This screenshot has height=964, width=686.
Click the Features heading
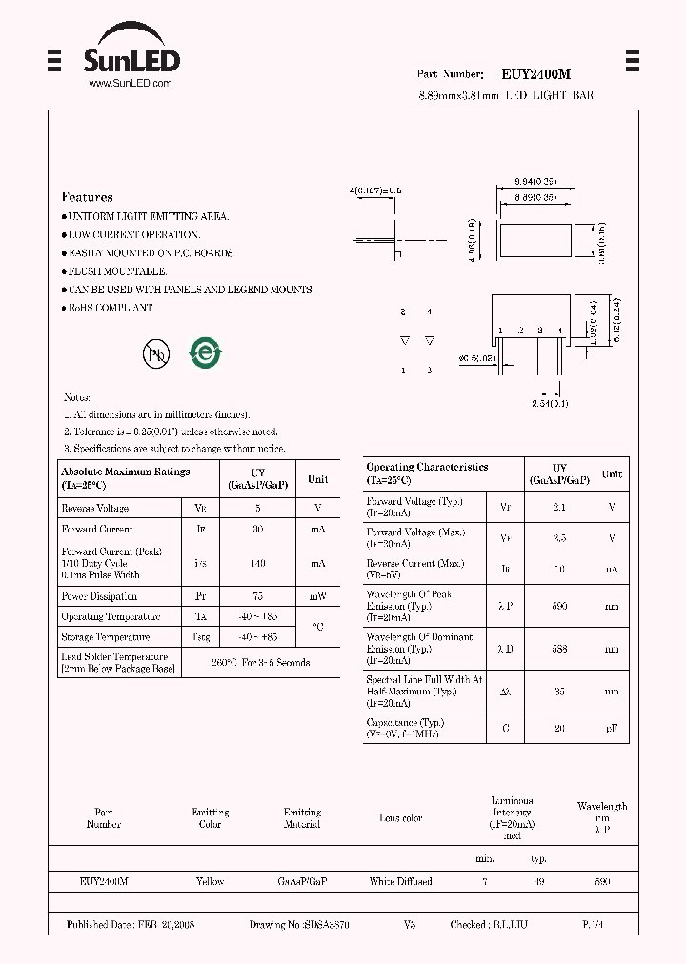point(87,197)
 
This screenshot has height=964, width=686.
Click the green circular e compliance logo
point(205,353)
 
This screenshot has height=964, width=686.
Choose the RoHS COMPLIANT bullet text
point(111,308)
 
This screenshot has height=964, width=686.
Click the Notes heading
point(76,397)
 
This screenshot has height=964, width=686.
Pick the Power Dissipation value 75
point(257,596)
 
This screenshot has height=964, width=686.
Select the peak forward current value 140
point(257,563)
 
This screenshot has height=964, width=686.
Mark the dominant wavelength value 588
point(559,649)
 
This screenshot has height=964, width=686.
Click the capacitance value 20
point(559,728)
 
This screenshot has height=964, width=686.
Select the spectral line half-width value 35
point(559,692)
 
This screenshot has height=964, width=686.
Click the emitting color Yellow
point(210,882)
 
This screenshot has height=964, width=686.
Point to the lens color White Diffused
point(400,882)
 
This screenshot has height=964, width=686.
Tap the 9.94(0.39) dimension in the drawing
point(535,181)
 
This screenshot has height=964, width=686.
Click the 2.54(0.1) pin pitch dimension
point(550,405)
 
